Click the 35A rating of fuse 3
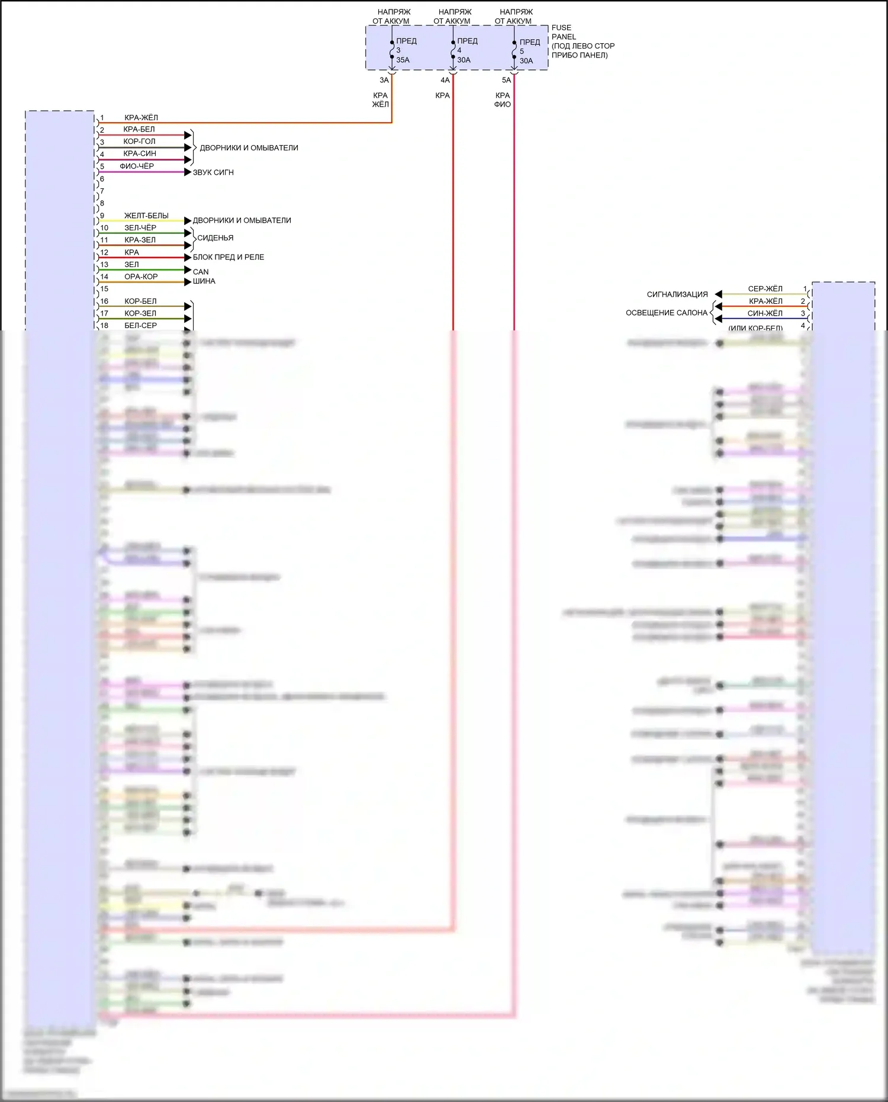(403, 60)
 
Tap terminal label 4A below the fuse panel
(445, 80)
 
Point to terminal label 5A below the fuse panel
(506, 80)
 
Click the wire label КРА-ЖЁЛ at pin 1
(141, 117)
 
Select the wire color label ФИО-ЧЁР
(137, 166)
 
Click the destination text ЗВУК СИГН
(213, 172)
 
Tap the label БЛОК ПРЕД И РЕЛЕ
(229, 257)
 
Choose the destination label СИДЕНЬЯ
(215, 238)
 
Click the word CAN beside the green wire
(201, 272)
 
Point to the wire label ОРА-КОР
(141, 277)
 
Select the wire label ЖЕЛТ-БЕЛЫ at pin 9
(146, 216)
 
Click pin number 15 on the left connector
(104, 289)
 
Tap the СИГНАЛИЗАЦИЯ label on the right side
(677, 294)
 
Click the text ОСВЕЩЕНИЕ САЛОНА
(666, 313)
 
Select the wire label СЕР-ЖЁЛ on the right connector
(765, 289)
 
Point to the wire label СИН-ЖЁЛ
(765, 313)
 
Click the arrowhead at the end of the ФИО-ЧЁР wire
(188, 172)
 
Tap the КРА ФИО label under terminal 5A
(503, 99)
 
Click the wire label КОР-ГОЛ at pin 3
(139, 142)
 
